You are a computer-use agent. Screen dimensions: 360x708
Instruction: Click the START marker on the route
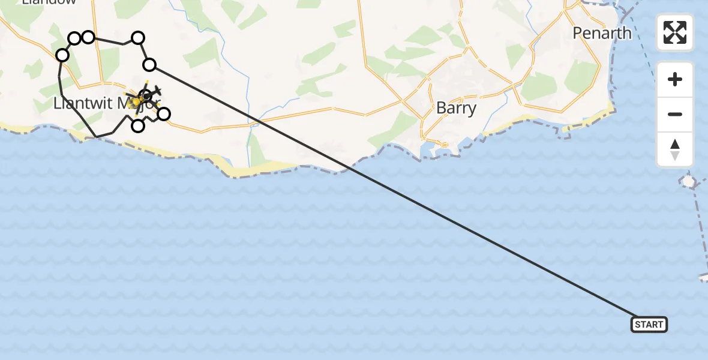click(x=649, y=325)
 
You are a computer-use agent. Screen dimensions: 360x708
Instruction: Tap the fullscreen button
click(x=675, y=32)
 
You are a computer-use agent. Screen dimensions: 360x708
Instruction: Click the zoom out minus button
click(x=675, y=114)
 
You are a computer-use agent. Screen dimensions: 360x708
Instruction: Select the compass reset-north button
click(x=675, y=149)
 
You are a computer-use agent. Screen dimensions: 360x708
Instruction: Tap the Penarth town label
click(x=602, y=33)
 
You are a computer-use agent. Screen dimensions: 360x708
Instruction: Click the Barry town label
click(x=456, y=108)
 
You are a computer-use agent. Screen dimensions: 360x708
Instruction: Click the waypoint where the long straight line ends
click(x=149, y=65)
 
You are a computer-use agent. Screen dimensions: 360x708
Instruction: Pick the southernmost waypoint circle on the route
click(x=138, y=125)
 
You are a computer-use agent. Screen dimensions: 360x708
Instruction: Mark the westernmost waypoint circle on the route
click(x=62, y=56)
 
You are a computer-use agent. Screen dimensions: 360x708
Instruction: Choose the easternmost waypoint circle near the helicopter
click(x=163, y=113)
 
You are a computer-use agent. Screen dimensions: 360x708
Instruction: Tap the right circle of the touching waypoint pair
click(x=88, y=38)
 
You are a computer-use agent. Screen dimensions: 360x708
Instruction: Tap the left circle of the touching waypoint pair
click(x=74, y=39)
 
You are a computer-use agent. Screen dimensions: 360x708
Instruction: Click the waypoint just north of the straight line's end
click(x=138, y=38)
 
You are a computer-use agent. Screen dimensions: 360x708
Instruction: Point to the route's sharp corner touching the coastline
click(x=96, y=137)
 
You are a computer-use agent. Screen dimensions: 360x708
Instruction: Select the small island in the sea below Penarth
click(x=688, y=181)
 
